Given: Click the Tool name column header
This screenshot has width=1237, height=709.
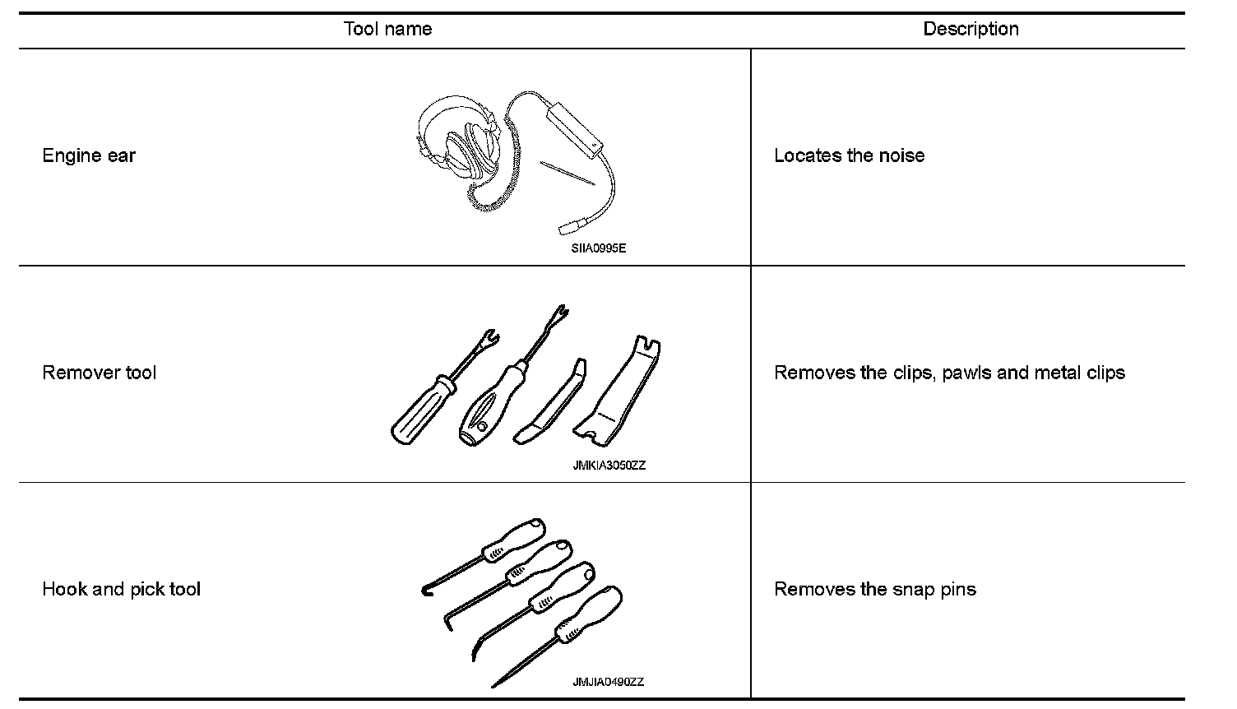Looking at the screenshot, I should [387, 30].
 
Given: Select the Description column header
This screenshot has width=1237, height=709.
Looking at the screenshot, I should [971, 30].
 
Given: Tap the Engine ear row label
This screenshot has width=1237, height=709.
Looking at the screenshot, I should [89, 156].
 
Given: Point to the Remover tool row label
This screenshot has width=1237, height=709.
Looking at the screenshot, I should [99, 373].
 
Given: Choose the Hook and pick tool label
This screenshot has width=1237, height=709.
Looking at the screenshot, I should [121, 590].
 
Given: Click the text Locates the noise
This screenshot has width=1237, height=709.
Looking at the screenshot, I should [849, 156].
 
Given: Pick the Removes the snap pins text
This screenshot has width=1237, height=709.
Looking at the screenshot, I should [875, 590].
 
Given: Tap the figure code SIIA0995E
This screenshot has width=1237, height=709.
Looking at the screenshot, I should [599, 248].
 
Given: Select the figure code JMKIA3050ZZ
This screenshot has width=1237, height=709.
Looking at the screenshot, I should [609, 466].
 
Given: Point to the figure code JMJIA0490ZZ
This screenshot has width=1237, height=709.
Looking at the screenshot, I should [609, 682].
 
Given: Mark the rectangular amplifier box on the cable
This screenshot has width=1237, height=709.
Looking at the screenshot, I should [575, 127].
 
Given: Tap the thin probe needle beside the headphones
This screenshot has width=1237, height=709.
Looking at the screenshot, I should [567, 174].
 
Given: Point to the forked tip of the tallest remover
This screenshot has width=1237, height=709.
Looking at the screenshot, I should [561, 314].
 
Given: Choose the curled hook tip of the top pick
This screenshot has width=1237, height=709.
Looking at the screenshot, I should [426, 588].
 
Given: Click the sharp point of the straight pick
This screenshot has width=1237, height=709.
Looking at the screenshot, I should [494, 685].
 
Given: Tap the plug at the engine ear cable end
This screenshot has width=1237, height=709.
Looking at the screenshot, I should [569, 226].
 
